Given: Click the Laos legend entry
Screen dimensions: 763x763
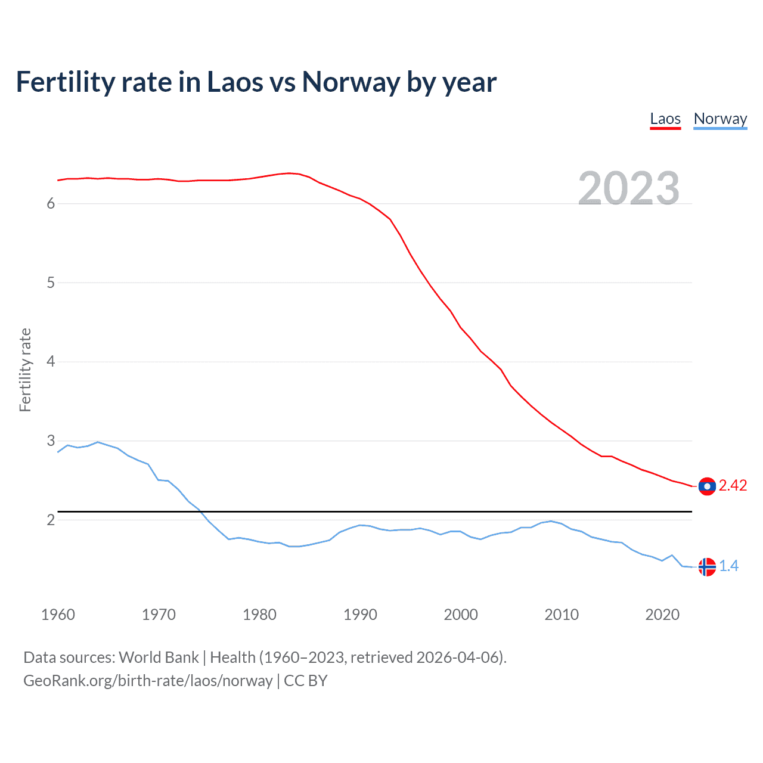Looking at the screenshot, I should pyautogui.click(x=665, y=119).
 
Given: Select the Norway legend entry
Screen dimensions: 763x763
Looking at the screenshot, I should pyautogui.click(x=720, y=119).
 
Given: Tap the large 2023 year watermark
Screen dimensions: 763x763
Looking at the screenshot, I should pyautogui.click(x=628, y=188).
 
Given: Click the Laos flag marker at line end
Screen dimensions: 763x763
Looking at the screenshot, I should pyautogui.click(x=707, y=486).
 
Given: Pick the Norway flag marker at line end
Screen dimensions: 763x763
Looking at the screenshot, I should pyautogui.click(x=707, y=567).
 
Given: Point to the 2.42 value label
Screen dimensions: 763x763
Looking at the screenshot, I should pyautogui.click(x=733, y=486).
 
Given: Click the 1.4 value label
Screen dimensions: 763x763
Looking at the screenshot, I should pyautogui.click(x=728, y=566).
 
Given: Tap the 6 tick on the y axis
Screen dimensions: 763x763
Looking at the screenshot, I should pyautogui.click(x=51, y=204).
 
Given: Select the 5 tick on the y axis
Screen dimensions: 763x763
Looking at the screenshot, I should pyautogui.click(x=51, y=283).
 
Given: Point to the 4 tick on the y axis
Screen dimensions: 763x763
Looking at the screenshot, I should pyautogui.click(x=51, y=362).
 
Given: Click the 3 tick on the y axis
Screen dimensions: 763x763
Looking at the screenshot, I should pyautogui.click(x=51, y=441).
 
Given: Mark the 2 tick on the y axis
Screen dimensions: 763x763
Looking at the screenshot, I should pyautogui.click(x=51, y=520).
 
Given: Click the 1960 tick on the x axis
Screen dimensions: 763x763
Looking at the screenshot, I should pyautogui.click(x=58, y=615).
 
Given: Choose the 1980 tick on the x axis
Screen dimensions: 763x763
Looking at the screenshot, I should pyautogui.click(x=259, y=615).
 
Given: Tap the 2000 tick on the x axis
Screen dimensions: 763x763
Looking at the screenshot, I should pyautogui.click(x=461, y=615).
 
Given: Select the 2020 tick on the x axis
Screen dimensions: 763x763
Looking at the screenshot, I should pyautogui.click(x=662, y=615).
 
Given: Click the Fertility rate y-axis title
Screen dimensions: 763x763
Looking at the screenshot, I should pyautogui.click(x=25, y=370).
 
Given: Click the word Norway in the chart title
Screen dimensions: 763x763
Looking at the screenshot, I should pyautogui.click(x=351, y=82).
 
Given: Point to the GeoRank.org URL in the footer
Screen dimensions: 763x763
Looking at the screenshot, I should pyautogui.click(x=148, y=681).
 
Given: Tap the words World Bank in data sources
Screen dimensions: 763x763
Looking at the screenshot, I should pyautogui.click(x=159, y=657).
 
